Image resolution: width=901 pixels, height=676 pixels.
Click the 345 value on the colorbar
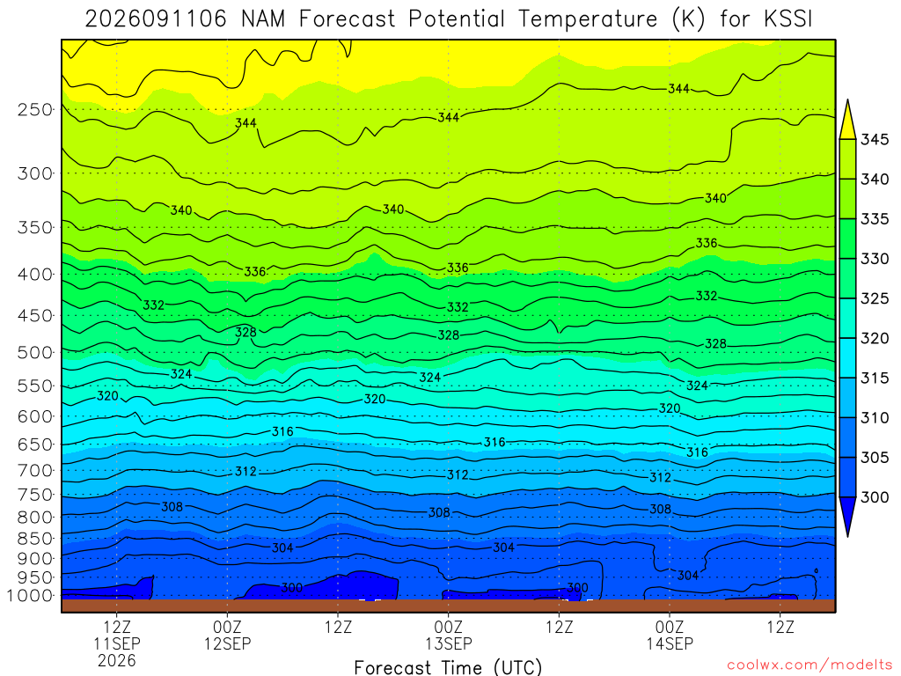pos(875,140)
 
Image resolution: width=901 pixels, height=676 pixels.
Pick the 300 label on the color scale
pos(875,497)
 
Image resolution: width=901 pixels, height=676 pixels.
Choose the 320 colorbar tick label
pos(875,339)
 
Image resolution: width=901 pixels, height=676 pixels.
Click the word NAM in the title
pos(263,19)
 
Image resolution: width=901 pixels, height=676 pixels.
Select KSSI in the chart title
pos(788,19)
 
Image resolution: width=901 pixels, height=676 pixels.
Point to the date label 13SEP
pos(449,643)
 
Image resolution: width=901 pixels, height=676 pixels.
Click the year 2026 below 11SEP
pos(117,660)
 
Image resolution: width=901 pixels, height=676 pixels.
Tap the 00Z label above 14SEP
pos(670,627)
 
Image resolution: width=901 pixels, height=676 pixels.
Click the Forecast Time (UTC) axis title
pos(448,667)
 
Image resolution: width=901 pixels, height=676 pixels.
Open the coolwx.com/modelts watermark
pos(809,665)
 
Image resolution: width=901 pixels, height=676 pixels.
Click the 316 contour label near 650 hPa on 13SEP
pos(494,442)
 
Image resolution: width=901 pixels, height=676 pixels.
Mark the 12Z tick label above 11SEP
pos(117,627)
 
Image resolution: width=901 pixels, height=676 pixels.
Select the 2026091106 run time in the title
pos(157,19)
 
